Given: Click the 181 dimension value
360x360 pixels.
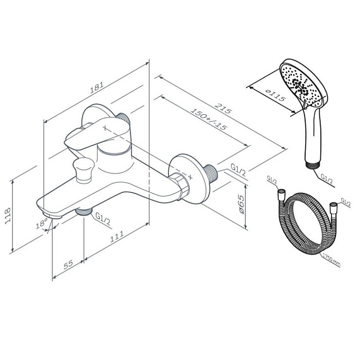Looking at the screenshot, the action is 96,87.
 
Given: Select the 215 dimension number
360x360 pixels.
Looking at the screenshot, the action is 223,108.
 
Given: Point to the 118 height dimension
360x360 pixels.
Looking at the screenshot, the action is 8,216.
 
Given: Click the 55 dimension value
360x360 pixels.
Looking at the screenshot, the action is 68,264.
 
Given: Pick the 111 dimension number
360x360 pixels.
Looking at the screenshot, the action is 117,236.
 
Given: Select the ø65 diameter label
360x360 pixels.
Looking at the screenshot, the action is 241,204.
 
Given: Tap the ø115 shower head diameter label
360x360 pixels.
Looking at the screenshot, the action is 276,95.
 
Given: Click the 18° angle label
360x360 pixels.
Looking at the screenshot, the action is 42,223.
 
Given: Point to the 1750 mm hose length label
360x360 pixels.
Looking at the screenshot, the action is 331,260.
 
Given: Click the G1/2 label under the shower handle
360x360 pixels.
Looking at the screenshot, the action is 327,178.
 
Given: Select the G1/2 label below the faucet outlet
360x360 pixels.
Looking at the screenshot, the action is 103,219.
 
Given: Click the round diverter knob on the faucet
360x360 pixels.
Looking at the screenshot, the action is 84,170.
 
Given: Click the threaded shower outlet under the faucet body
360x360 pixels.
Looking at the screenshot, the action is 84,211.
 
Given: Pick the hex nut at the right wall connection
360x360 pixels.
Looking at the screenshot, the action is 183,185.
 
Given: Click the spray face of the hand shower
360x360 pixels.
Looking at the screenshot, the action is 301,86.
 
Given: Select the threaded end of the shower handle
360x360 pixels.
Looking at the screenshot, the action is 313,165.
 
